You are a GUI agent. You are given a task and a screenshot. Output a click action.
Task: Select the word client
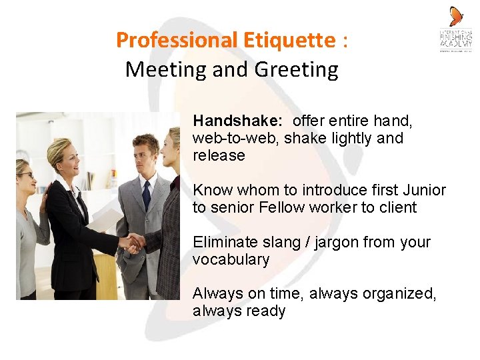click(397, 207)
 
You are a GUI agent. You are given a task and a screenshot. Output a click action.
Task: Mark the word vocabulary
click(231, 260)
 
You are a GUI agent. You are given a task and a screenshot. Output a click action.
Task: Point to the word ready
click(265, 311)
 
